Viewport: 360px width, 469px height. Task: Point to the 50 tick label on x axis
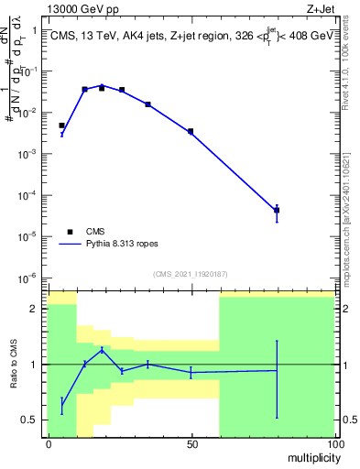(191, 444)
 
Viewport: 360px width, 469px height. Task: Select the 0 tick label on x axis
(49, 444)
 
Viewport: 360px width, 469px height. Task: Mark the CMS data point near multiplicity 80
(277, 210)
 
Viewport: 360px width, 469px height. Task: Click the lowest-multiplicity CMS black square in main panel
(62, 125)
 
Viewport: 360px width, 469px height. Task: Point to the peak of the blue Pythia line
(103, 85)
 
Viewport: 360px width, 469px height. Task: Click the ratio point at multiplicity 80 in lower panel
(277, 370)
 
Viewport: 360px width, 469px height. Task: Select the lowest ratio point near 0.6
(62, 404)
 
